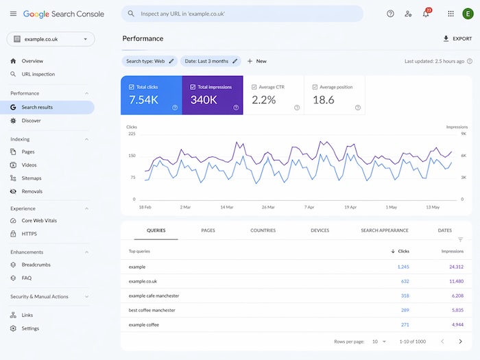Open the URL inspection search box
pyautogui.click(x=242, y=14)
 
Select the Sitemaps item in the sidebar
pyautogui.click(x=32, y=178)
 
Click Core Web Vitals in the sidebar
pyautogui.click(x=40, y=221)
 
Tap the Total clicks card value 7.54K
pyautogui.click(x=145, y=100)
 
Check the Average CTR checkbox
pyautogui.click(x=254, y=87)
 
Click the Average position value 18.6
pyautogui.click(x=323, y=100)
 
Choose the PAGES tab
pyautogui.click(x=208, y=230)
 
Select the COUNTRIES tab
pyautogui.click(x=263, y=230)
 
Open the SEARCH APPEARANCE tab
pyautogui.click(x=384, y=230)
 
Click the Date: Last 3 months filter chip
pyautogui.click(x=211, y=61)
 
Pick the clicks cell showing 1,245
pyautogui.click(x=402, y=266)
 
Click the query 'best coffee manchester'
pyautogui.click(x=152, y=310)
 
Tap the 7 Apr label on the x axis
pyautogui.click(x=309, y=206)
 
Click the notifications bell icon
pyautogui.click(x=426, y=14)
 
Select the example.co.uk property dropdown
pyautogui.click(x=50, y=39)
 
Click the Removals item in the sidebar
pyautogui.click(x=32, y=191)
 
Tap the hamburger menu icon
pyautogui.click(x=13, y=14)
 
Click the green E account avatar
pyautogui.click(x=467, y=14)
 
